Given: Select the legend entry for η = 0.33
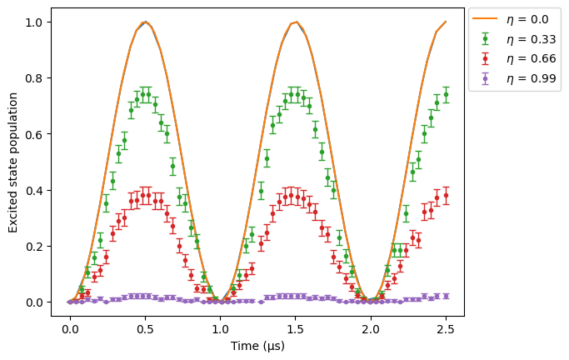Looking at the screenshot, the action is tap(514, 39).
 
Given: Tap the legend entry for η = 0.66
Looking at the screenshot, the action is tap(514, 58).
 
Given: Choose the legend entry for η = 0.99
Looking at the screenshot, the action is tap(514, 78).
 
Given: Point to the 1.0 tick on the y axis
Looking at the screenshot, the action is tap(34, 22).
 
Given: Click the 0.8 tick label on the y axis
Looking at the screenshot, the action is tap(34, 78).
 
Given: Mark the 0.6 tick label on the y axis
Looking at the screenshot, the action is tap(34, 134).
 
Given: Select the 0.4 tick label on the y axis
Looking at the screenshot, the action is tap(34, 191).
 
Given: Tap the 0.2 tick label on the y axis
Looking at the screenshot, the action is tap(34, 247).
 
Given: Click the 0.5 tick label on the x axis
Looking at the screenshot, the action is tap(145, 329).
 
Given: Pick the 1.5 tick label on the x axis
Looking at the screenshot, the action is tap(296, 329).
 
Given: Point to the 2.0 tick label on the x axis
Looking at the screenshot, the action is tap(371, 329).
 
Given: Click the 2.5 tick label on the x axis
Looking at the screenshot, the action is tap(446, 329).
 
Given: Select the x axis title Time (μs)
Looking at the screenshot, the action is tap(257, 346).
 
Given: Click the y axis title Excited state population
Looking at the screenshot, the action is tap(13, 162).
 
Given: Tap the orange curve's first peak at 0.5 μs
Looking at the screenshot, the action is tap(145, 22).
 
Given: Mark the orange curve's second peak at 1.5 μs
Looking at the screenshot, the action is tap(296, 22).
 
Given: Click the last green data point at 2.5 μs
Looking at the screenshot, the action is tap(446, 95).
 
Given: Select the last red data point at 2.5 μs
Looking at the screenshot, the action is tap(446, 196).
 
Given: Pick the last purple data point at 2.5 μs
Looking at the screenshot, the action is tap(446, 297).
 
